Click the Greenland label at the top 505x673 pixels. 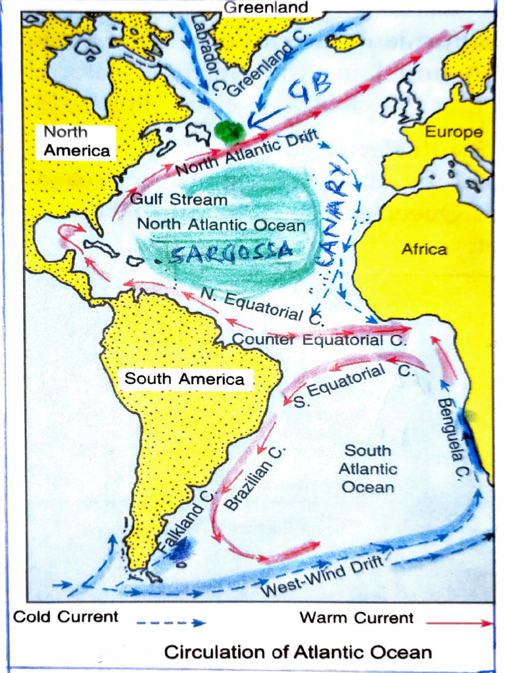[x=266, y=8]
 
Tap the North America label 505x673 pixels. [x=76, y=141]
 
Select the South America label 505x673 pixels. [x=184, y=379]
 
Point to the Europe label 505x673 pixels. [x=453, y=133]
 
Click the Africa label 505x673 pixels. [x=424, y=249]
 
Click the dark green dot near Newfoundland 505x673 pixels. [x=229, y=132]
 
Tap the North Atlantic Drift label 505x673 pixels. [x=247, y=155]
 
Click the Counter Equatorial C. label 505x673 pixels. [x=320, y=340]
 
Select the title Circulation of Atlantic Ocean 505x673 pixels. [x=298, y=652]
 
